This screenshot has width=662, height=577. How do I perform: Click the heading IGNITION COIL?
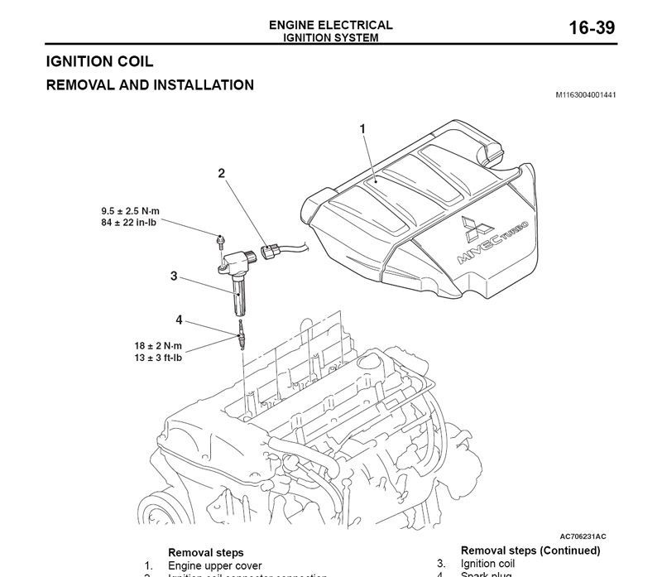point(99,61)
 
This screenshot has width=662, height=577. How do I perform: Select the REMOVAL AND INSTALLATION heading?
point(149,84)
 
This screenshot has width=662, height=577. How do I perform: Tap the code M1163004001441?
point(584,95)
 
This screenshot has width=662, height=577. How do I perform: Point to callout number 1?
point(362,128)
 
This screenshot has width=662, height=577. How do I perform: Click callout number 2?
point(221,173)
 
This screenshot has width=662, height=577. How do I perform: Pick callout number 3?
point(174,276)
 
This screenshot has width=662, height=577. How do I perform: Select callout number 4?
point(179,320)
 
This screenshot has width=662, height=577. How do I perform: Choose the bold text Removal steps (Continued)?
point(530,551)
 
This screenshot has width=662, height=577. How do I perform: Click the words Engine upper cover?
point(214,566)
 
